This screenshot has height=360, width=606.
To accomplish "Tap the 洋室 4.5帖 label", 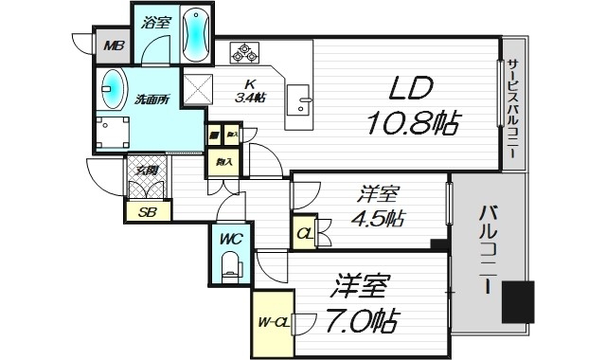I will click(378, 207).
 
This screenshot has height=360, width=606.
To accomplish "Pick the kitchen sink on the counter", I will click(304, 98).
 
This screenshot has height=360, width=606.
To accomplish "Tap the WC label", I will click(232, 240).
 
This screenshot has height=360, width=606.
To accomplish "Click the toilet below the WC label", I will click(232, 268).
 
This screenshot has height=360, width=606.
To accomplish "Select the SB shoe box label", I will click(147, 211).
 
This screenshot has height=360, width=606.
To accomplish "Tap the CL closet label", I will click(304, 233).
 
